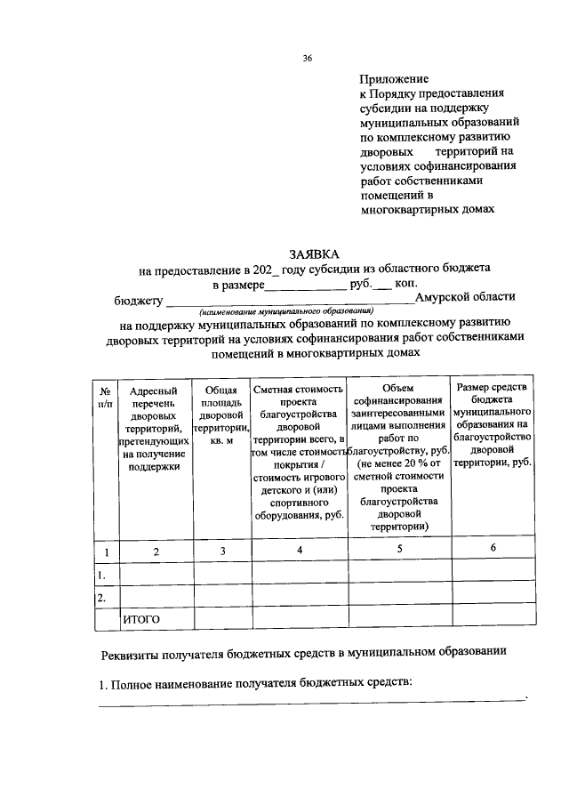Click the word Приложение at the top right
[x=392, y=78]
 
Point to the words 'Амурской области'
[x=464, y=297]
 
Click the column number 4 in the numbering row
[x=300, y=551]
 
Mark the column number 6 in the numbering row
[x=493, y=548]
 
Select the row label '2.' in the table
[x=103, y=596]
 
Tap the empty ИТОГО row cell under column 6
[x=493, y=618]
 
